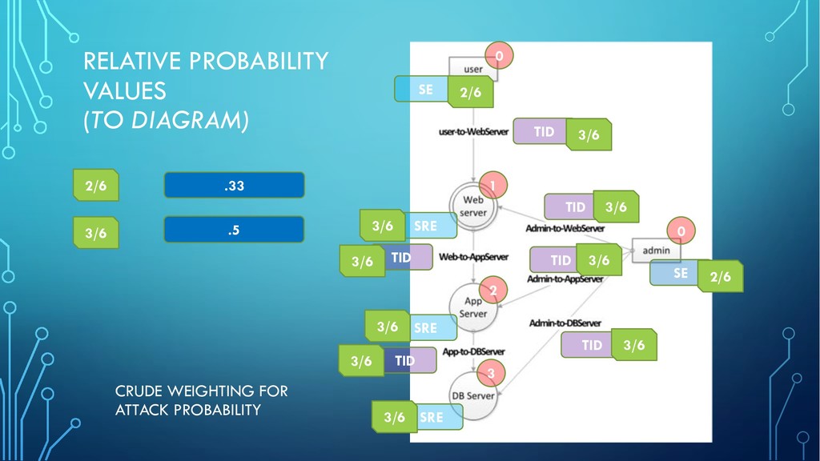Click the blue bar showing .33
click(235, 185)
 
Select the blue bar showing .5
click(235, 230)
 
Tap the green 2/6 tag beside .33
click(96, 185)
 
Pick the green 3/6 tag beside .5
click(96, 233)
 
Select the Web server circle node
click(472, 206)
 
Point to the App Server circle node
click(472, 307)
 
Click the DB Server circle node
click(472, 395)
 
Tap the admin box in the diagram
click(656, 250)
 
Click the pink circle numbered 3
click(491, 373)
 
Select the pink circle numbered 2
click(493, 290)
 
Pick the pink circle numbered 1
click(492, 185)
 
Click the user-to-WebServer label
click(473, 132)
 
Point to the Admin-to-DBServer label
click(565, 323)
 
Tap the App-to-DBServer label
click(474, 351)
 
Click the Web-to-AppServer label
click(474, 257)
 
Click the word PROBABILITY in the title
click(259, 61)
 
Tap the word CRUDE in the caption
click(138, 391)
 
